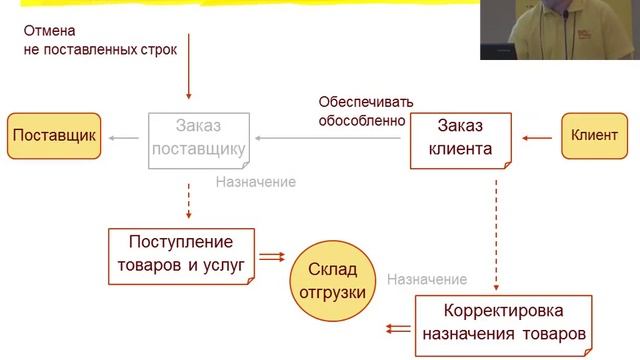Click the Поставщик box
click(54, 137)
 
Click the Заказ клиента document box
click(460, 139)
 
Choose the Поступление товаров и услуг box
click(181, 256)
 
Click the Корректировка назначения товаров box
click(504, 321)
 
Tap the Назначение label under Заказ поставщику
click(255, 182)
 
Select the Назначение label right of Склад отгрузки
click(427, 279)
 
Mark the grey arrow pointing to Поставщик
click(125, 137)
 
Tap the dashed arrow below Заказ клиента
click(496, 230)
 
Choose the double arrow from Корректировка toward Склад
click(397, 326)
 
